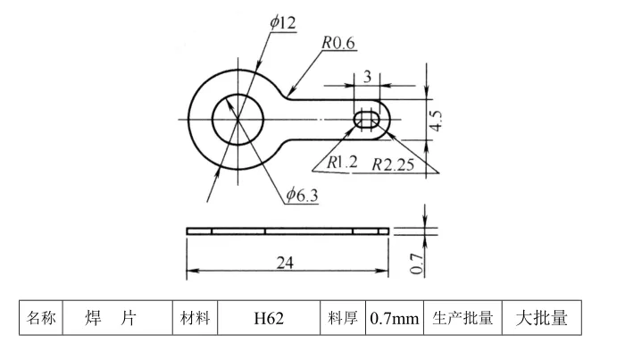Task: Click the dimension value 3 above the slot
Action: click(368, 77)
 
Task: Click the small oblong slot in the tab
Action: click(367, 120)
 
